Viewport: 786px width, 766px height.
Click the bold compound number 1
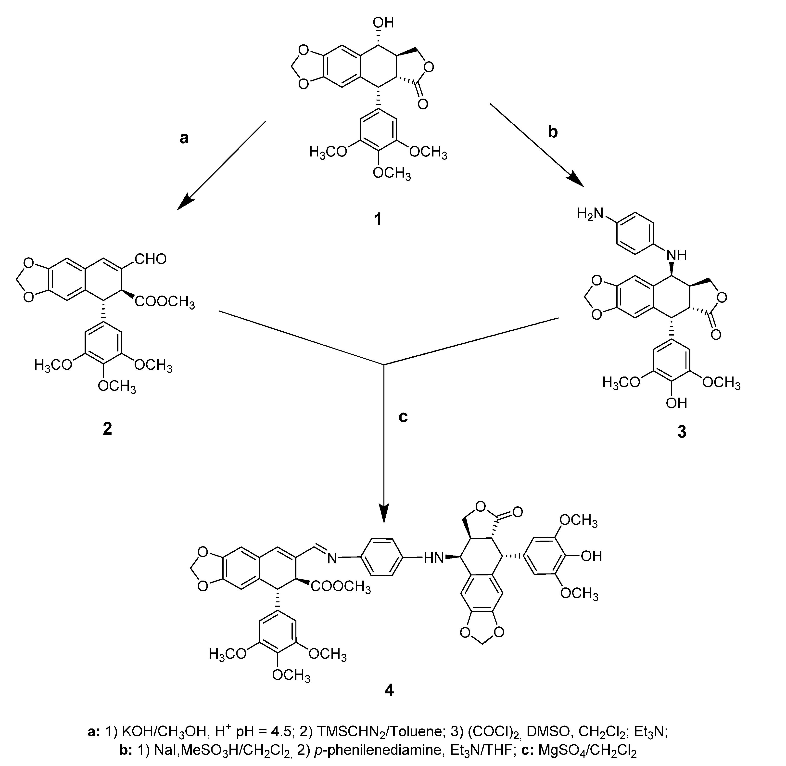tap(378, 219)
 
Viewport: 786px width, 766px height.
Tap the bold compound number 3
tap(682, 432)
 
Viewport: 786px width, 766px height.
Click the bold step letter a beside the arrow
tap(184, 138)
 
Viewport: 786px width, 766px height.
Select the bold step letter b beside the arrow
tap(553, 131)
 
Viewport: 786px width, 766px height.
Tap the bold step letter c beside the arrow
tap(403, 417)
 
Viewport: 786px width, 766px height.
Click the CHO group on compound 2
tap(151, 259)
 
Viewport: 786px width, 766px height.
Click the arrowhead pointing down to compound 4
tap(384, 516)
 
